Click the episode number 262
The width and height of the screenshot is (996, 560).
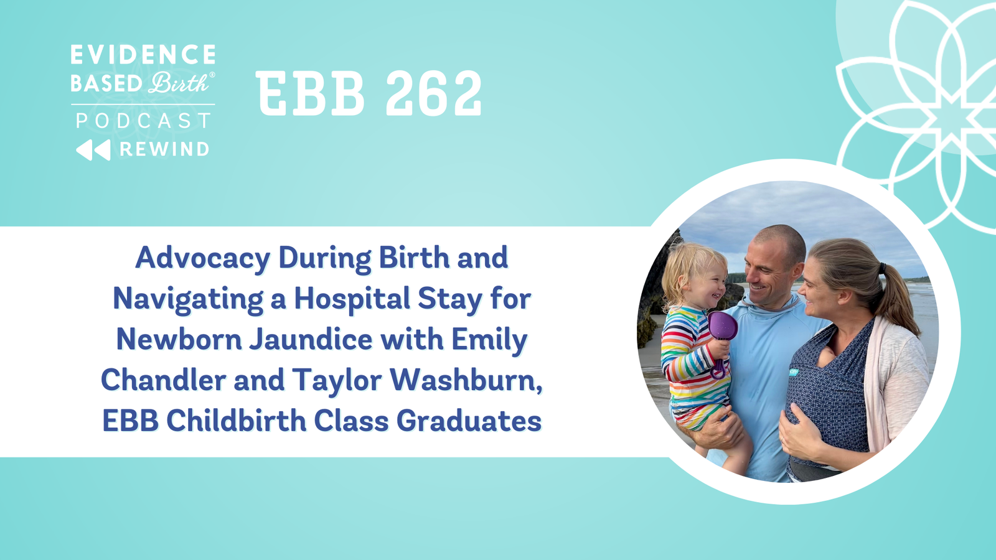(x=433, y=93)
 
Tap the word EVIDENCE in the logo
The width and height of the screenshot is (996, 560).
(x=143, y=54)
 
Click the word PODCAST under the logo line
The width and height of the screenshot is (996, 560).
(x=143, y=121)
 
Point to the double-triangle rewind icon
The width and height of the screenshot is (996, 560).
(x=93, y=150)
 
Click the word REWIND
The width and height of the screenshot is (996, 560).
(x=164, y=149)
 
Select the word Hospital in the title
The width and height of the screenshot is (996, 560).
(x=352, y=299)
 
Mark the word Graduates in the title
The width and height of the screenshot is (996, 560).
(x=469, y=421)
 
